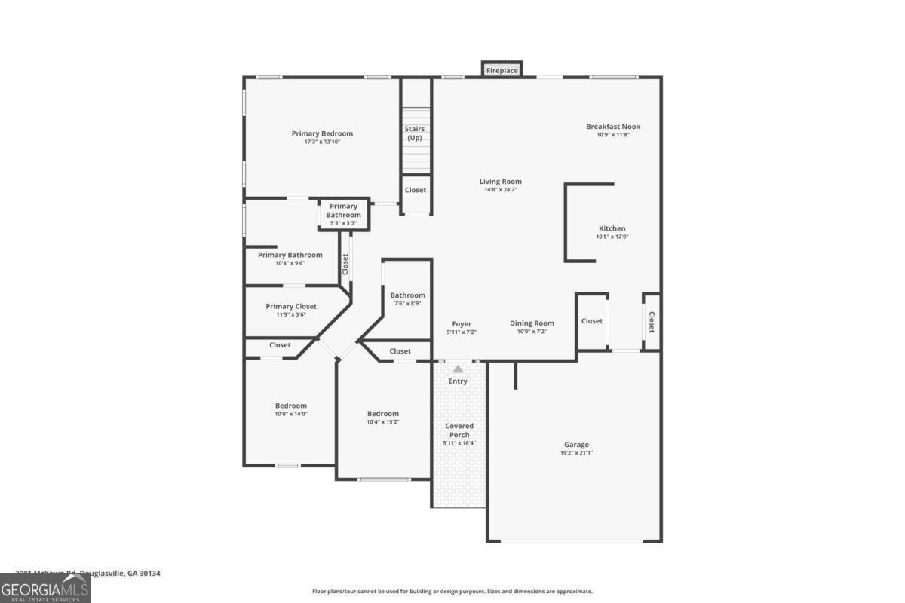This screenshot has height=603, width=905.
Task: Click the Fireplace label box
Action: point(502,70)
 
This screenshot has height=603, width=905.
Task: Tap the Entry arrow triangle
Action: point(458,369)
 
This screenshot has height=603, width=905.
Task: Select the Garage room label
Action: point(576,445)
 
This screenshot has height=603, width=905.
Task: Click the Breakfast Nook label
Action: point(613,127)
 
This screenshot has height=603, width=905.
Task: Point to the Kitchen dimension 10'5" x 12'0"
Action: point(612,237)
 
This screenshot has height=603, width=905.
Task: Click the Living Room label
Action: point(500,182)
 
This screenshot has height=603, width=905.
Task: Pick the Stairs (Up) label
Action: point(415,133)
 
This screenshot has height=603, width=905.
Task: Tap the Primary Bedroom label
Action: point(322,133)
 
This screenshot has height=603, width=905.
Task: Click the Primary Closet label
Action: point(291,306)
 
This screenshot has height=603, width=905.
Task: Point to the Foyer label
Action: point(462,324)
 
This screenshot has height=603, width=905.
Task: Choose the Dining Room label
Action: point(532,323)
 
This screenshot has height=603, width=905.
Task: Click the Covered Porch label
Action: point(459,430)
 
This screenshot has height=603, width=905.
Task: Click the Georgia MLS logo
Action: point(45,588)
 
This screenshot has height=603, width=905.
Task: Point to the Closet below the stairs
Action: point(415,190)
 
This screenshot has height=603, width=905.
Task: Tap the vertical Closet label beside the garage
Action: point(652,323)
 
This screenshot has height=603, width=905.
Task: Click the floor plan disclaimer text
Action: point(452,592)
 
